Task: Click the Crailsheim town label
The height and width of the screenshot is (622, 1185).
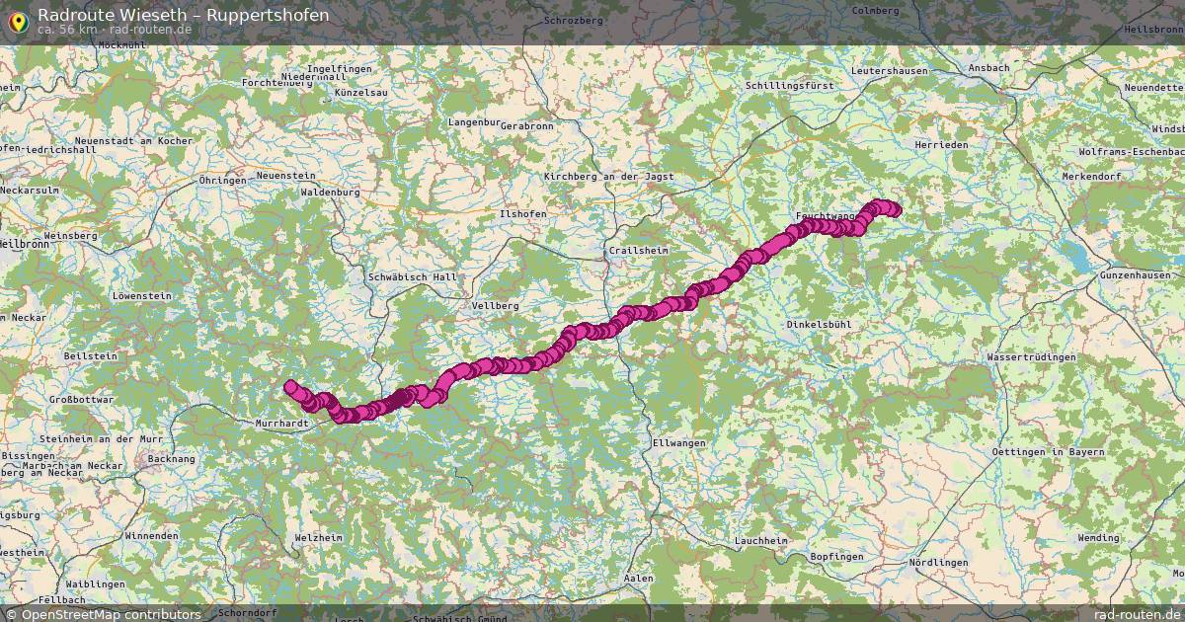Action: [x=638, y=251]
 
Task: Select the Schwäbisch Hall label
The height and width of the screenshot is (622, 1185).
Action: [x=413, y=277]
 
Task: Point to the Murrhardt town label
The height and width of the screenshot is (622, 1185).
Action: [x=282, y=423]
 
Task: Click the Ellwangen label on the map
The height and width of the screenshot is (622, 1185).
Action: [x=679, y=443]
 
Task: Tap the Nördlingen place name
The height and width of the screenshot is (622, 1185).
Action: [x=937, y=562]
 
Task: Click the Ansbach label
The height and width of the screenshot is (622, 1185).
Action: [x=988, y=67]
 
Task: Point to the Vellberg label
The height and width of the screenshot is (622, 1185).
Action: [x=495, y=306]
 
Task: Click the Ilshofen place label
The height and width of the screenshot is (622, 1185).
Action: [x=522, y=213]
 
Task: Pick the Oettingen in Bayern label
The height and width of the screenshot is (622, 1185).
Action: [x=1048, y=451]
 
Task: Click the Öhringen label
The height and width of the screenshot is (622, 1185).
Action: [x=222, y=181]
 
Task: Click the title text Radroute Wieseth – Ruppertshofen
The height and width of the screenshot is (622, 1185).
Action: [x=184, y=15]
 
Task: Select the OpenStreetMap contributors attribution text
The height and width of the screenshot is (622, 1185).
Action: [x=111, y=614]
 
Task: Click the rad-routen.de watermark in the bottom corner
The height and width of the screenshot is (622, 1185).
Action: [x=1137, y=614]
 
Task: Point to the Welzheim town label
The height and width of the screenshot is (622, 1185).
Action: [x=318, y=537]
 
